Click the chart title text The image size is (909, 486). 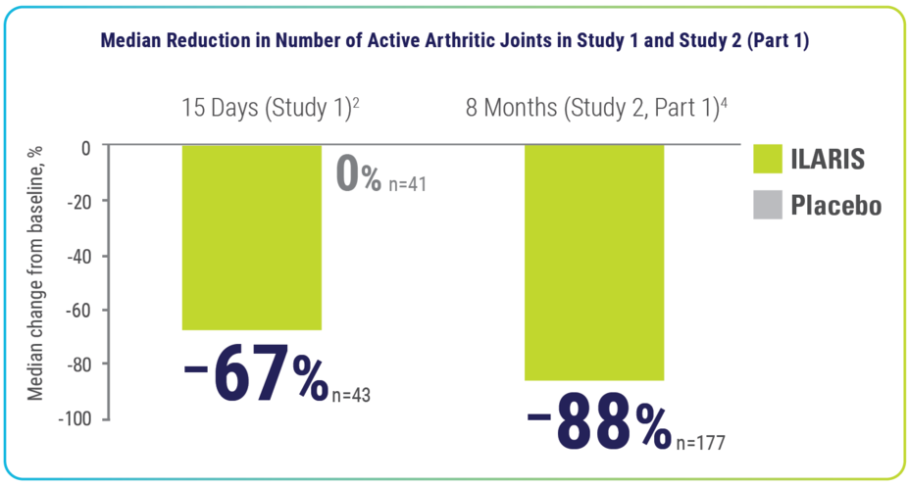454,42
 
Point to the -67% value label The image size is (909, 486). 257,377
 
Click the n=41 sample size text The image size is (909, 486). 405,182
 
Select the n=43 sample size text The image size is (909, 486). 350,394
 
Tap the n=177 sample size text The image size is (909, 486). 699,443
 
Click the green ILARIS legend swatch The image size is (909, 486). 768,161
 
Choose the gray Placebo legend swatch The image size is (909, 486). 768,207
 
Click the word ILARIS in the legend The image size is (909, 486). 831,161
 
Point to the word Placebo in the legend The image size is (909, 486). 836,207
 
